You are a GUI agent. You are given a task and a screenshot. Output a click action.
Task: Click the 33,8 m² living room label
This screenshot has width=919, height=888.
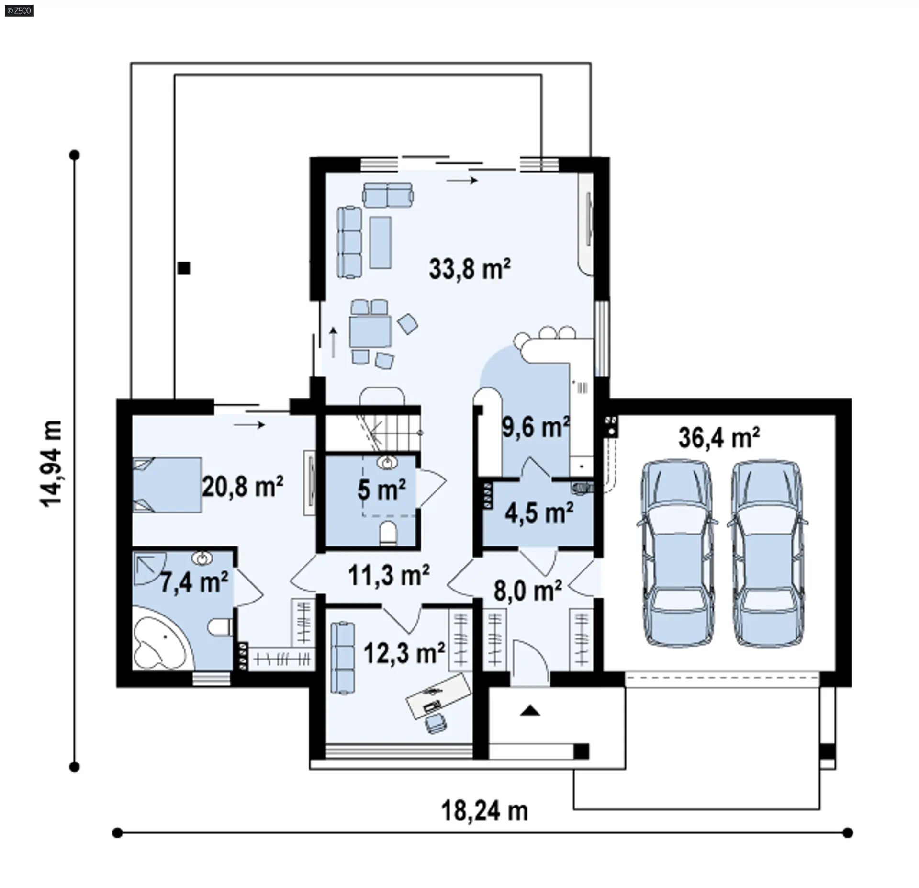[470, 268]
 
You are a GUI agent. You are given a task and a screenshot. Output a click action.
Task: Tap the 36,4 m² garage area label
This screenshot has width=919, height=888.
[719, 437]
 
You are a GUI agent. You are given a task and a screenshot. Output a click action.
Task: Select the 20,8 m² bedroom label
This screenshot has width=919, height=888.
[243, 487]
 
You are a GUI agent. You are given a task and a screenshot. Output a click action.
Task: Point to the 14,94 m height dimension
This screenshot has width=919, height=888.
[50, 464]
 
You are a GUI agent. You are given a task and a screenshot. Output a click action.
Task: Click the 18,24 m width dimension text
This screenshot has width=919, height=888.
[484, 811]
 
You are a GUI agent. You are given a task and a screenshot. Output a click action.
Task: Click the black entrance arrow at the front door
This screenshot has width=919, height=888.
[530, 711]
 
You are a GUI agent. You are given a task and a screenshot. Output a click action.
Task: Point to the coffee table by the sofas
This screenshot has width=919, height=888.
[381, 242]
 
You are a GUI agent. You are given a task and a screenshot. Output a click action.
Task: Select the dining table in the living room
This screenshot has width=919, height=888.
[370, 331]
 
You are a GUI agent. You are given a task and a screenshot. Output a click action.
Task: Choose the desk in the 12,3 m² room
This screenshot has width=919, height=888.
[438, 695]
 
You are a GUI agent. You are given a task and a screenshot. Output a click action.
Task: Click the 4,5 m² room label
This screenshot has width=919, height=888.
[539, 513]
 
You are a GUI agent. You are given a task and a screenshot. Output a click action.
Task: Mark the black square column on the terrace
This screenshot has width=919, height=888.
[184, 268]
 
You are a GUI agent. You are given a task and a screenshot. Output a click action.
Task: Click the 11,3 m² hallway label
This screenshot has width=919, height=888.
[389, 575]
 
